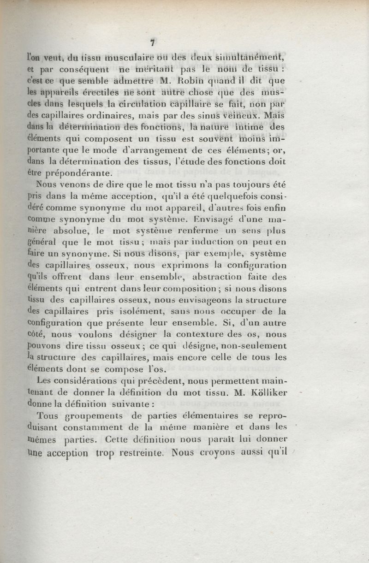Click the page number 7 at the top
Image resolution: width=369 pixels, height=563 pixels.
(152, 43)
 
